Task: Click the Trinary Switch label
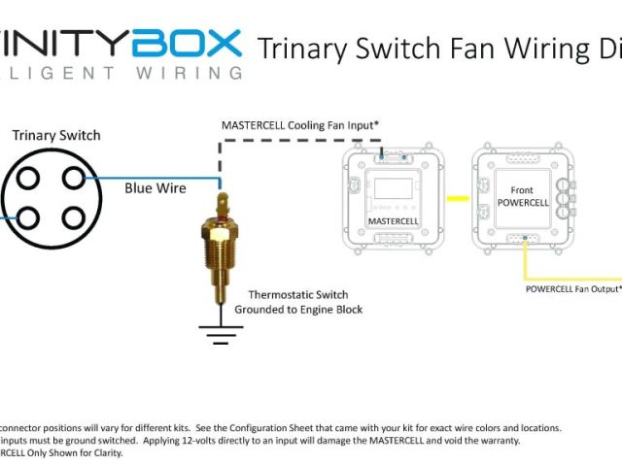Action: (55, 135)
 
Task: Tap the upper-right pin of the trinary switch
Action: (74, 177)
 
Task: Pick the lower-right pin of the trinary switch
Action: (74, 218)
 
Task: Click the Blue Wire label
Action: (155, 187)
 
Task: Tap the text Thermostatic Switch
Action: (297, 294)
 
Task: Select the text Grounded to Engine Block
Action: (297, 310)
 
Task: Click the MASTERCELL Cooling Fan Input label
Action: (299, 125)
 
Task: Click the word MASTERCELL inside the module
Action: (392, 221)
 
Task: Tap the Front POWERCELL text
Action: (523, 196)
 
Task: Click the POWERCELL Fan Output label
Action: (572, 288)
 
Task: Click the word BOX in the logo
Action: (189, 43)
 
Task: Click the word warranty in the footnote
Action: (496, 440)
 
